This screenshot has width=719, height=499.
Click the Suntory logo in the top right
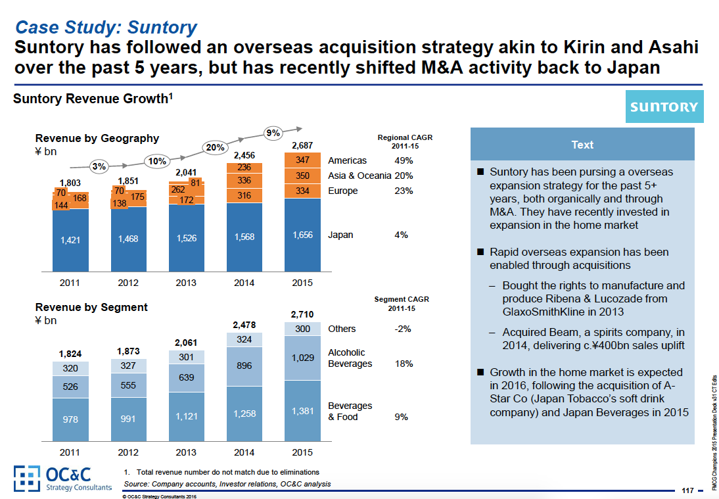tap(664, 107)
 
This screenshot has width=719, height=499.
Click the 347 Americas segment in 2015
tap(302, 160)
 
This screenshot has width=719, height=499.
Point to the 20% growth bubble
tap(216, 148)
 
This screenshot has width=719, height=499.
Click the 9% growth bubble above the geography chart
tap(272, 133)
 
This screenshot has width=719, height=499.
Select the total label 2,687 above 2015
tap(302, 145)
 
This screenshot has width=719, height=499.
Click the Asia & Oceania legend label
tap(359, 176)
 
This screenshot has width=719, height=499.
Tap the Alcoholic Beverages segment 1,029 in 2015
tap(302, 358)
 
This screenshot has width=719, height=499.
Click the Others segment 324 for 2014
tap(244, 339)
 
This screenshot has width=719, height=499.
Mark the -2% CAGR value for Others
tap(402, 329)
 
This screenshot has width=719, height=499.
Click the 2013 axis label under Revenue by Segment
tap(186, 453)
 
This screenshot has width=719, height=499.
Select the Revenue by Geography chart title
tap(97, 138)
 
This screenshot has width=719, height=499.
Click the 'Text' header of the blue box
tap(582, 145)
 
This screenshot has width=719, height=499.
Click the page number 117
tap(688, 490)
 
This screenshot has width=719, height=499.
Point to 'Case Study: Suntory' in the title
tap(106, 28)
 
